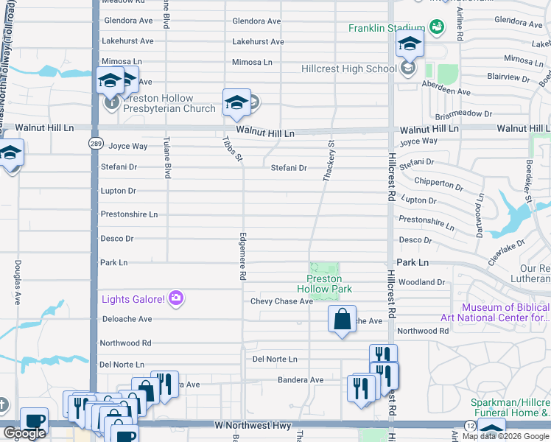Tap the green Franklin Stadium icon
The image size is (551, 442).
(437, 27)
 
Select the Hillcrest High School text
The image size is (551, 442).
(349, 69)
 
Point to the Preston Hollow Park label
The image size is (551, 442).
(324, 284)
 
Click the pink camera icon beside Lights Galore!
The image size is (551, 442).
(176, 298)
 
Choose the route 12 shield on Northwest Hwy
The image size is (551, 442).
(471, 426)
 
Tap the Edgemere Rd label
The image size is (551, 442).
(242, 256)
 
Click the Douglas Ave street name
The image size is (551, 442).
(17, 283)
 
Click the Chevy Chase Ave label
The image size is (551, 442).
(281, 301)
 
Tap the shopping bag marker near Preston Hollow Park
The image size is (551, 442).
(342, 320)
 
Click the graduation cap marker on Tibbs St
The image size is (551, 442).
(236, 103)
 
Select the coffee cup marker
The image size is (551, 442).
(34, 421)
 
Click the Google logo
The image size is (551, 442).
(24, 434)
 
